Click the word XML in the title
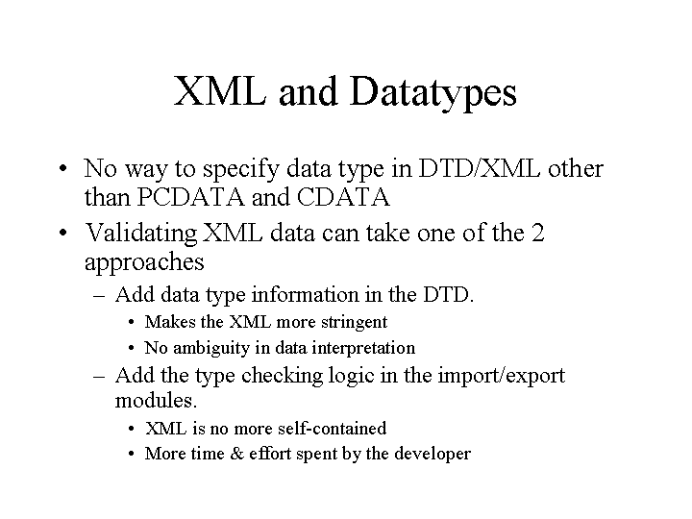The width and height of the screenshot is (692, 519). tap(220, 90)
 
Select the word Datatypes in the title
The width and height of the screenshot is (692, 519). tap(432, 93)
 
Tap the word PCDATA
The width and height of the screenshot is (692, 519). tap(190, 197)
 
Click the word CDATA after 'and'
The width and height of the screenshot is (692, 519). tap(343, 197)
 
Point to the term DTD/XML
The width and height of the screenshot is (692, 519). tap(479, 168)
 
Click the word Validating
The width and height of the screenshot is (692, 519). tap(140, 234)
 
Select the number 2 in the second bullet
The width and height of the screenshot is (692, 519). tap(537, 233)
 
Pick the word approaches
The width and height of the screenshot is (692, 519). tap(144, 262)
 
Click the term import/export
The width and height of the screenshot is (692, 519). tap(502, 376)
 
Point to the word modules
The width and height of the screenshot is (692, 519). tap(156, 400)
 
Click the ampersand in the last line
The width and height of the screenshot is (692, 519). tap(237, 454)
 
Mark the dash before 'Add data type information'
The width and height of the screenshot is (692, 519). tap(99, 296)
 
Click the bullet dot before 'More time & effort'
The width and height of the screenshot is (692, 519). tap(131, 454)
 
